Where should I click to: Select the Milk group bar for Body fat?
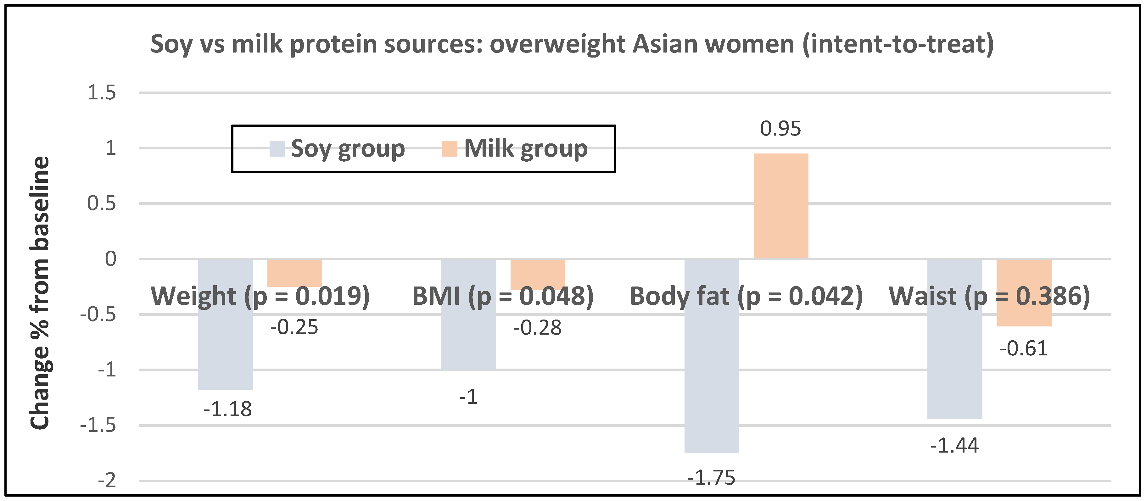click(x=781, y=206)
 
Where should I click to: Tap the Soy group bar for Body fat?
click(x=712, y=378)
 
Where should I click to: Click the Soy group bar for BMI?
click(x=468, y=338)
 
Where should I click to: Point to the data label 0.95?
click(x=780, y=129)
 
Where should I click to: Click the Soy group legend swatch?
click(x=277, y=149)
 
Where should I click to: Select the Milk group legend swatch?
click(x=449, y=149)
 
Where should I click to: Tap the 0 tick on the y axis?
click(x=110, y=259)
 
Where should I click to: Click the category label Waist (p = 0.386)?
click(x=989, y=296)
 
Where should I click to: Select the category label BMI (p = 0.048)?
click(x=503, y=296)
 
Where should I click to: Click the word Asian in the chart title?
click(x=665, y=44)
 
